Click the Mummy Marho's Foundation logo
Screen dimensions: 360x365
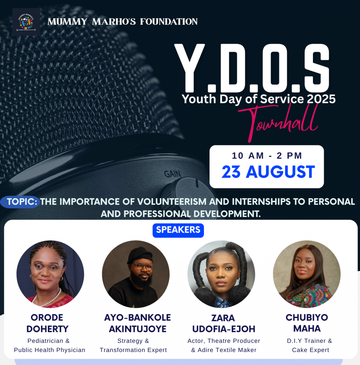(x=26, y=22)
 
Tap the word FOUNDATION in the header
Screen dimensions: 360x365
(x=169, y=22)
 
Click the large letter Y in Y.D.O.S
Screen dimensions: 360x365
(x=189, y=68)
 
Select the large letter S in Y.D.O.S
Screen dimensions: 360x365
(x=317, y=68)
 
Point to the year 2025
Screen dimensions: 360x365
(x=321, y=99)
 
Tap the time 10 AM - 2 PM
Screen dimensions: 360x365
(x=267, y=156)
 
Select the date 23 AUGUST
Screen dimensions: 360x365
(x=268, y=172)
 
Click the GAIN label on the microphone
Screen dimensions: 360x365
(x=172, y=174)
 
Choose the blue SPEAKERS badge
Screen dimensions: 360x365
(x=178, y=230)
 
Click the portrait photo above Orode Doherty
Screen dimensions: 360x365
(x=50, y=274)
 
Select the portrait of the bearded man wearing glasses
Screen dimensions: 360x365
(x=136, y=274)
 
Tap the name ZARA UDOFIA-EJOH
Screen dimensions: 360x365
(x=224, y=323)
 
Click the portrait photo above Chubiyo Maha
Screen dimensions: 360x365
(x=307, y=274)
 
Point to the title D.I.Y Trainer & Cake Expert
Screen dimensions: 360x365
(x=310, y=345)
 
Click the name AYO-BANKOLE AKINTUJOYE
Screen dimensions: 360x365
(x=137, y=323)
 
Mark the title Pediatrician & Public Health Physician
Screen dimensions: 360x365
(x=49, y=345)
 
